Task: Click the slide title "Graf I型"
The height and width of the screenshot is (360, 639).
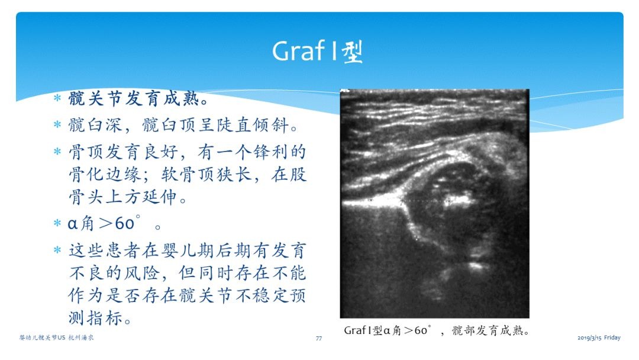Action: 318,52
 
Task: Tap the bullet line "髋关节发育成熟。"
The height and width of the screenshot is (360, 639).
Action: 138,99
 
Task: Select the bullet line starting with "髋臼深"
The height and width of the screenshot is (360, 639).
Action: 183,125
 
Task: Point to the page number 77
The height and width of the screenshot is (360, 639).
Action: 319,338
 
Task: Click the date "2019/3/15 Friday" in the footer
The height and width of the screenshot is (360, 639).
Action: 599,337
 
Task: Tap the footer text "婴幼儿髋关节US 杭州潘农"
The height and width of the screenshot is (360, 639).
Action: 56,337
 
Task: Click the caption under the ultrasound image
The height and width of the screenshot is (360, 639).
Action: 437,330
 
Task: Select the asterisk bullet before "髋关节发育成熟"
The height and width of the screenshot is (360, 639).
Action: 57,98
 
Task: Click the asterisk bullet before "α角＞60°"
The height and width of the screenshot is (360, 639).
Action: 57,223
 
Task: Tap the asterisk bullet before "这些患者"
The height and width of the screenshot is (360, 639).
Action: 57,249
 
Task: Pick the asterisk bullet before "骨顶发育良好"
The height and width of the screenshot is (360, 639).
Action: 57,152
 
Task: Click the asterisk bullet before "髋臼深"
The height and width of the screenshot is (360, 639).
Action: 57,124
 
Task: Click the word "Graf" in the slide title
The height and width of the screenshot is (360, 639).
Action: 298,52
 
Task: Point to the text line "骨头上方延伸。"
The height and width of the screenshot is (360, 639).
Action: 128,197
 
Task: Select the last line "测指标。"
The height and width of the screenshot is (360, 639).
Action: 100,317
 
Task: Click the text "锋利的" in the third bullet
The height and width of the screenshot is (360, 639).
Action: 279,152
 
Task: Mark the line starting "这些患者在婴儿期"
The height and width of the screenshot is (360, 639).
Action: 187,250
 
